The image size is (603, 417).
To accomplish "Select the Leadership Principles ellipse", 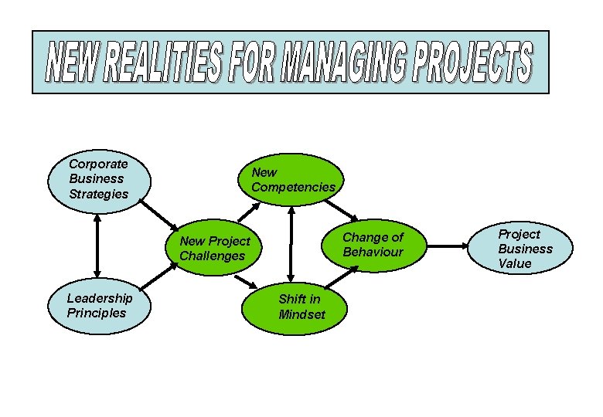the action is click(98, 305).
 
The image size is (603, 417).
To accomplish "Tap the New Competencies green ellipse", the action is click(293, 181).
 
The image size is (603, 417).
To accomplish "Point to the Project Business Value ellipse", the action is click(525, 249).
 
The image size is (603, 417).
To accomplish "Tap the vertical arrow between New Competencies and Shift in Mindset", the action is click(291, 243).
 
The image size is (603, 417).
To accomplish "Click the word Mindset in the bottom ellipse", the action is click(302, 314).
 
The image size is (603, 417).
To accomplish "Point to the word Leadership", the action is click(100, 298).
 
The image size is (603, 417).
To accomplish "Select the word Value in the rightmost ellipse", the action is click(515, 263).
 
